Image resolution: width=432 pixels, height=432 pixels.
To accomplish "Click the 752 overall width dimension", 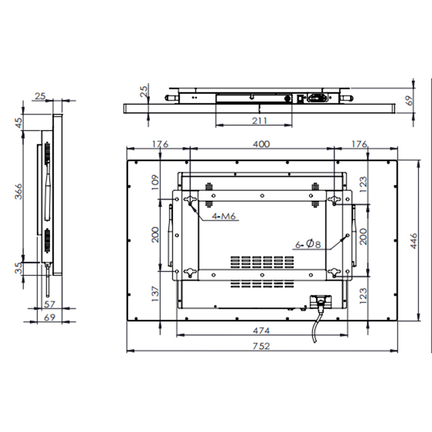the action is click(x=261, y=346).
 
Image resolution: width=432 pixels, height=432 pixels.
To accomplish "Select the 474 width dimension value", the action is click(x=261, y=330).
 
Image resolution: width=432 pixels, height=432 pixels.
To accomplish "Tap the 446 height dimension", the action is click(x=414, y=241).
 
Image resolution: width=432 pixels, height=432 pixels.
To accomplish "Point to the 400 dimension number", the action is click(x=261, y=144).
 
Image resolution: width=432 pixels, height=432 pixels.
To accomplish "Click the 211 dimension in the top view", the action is click(x=260, y=120).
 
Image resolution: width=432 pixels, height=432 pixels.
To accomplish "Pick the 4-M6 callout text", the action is click(x=224, y=216).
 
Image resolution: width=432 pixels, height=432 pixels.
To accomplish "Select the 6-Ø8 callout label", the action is click(x=308, y=244).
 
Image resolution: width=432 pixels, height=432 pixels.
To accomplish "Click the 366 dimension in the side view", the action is click(x=18, y=191).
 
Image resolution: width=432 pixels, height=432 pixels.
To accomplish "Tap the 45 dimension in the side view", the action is click(x=18, y=123).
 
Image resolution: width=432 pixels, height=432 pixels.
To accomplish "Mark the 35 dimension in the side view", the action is click(x=18, y=268).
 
